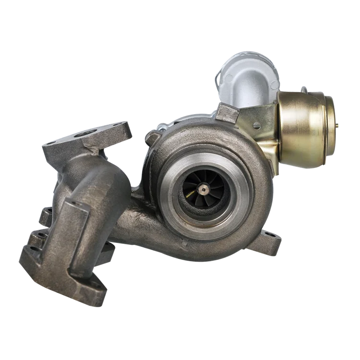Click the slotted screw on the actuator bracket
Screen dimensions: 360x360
[257, 126]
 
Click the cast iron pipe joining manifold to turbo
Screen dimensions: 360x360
[139, 226]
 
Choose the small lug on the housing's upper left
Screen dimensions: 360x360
[153, 138]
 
